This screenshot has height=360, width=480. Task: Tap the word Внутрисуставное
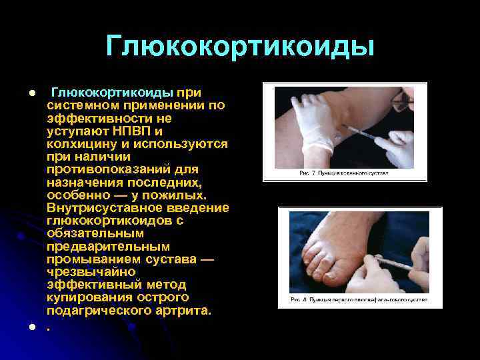click(101, 208)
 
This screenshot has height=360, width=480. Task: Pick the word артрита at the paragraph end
click(184, 311)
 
